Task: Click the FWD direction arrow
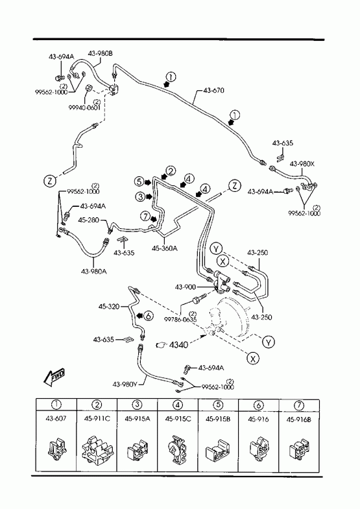pyautogui.click(x=54, y=377)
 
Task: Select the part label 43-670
pyautogui.click(x=213, y=90)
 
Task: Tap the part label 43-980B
pyautogui.click(x=101, y=54)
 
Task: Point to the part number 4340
pyautogui.click(x=178, y=345)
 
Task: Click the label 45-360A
pyautogui.click(x=165, y=248)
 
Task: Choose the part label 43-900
pyautogui.click(x=186, y=287)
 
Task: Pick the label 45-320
pyautogui.click(x=109, y=307)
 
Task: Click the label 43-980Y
pyautogui.click(x=125, y=385)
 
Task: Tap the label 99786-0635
pyautogui.click(x=180, y=319)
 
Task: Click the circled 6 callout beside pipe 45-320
pyautogui.click(x=148, y=315)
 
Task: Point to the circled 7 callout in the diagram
pyautogui.click(x=145, y=215)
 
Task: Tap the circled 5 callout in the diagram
pyautogui.click(x=140, y=182)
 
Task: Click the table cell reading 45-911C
pyautogui.click(x=97, y=419)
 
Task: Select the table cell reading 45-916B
pyautogui.click(x=298, y=420)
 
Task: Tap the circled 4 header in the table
pyautogui.click(x=178, y=405)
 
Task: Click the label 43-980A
pyautogui.click(x=94, y=271)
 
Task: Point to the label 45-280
pyautogui.click(x=88, y=220)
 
